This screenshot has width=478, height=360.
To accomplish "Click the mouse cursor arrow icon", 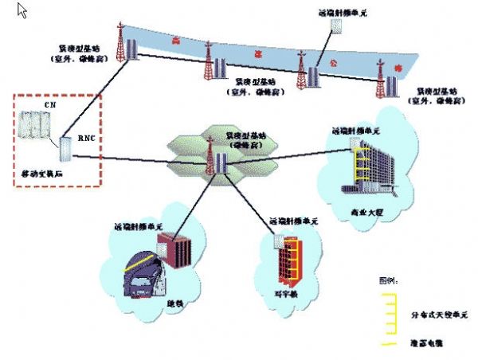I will pos(22,10).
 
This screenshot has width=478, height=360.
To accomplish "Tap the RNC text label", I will pos(87,139).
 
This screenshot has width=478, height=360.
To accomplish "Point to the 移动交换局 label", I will pos(41,172).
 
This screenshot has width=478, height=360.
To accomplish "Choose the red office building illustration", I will pos(288,260).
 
